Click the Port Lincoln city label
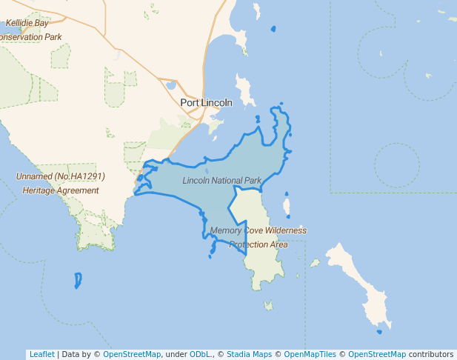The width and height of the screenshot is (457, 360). coord(206,102)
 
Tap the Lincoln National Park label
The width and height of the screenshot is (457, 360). coord(222,181)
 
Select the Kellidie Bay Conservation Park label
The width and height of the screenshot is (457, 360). coord(29,30)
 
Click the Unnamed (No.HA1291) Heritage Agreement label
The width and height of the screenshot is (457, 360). coord(60,183)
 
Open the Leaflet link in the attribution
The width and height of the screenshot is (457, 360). coord(41,354)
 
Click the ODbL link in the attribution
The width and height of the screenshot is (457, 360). coord(199,354)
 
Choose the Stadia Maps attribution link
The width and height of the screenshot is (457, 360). coord(247,354)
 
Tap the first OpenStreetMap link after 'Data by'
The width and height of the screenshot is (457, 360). coord(132,354)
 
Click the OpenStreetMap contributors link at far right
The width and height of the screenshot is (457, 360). coord(376,354)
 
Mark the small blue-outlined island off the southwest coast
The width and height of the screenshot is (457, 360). coord(78,280)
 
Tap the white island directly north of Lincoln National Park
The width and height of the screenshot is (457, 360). coord(244,89)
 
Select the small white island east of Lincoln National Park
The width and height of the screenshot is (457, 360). coord(287,204)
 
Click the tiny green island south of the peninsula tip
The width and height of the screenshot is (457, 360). coord(268,304)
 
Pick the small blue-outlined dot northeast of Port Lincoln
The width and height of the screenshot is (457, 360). coord(273,30)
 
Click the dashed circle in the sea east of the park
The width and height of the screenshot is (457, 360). coord(397,164)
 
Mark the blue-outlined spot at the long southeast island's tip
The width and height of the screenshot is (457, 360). coord(379,331)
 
